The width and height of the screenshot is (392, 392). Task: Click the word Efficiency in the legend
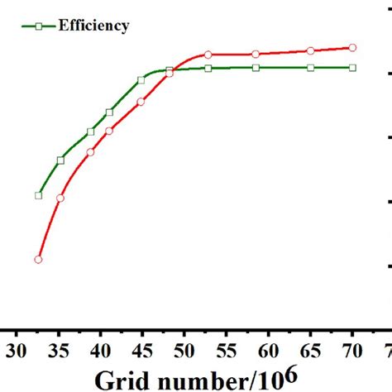[93, 26]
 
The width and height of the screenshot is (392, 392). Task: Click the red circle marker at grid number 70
[353, 48]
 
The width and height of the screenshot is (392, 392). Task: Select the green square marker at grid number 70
[353, 68]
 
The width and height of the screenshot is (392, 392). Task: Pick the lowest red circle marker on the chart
[38, 259]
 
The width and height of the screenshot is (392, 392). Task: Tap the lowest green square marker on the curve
[38, 195]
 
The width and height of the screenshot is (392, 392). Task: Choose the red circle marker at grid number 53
[208, 55]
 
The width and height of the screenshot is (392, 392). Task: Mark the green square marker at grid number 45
[141, 80]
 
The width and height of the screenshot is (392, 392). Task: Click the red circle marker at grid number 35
[60, 198]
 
